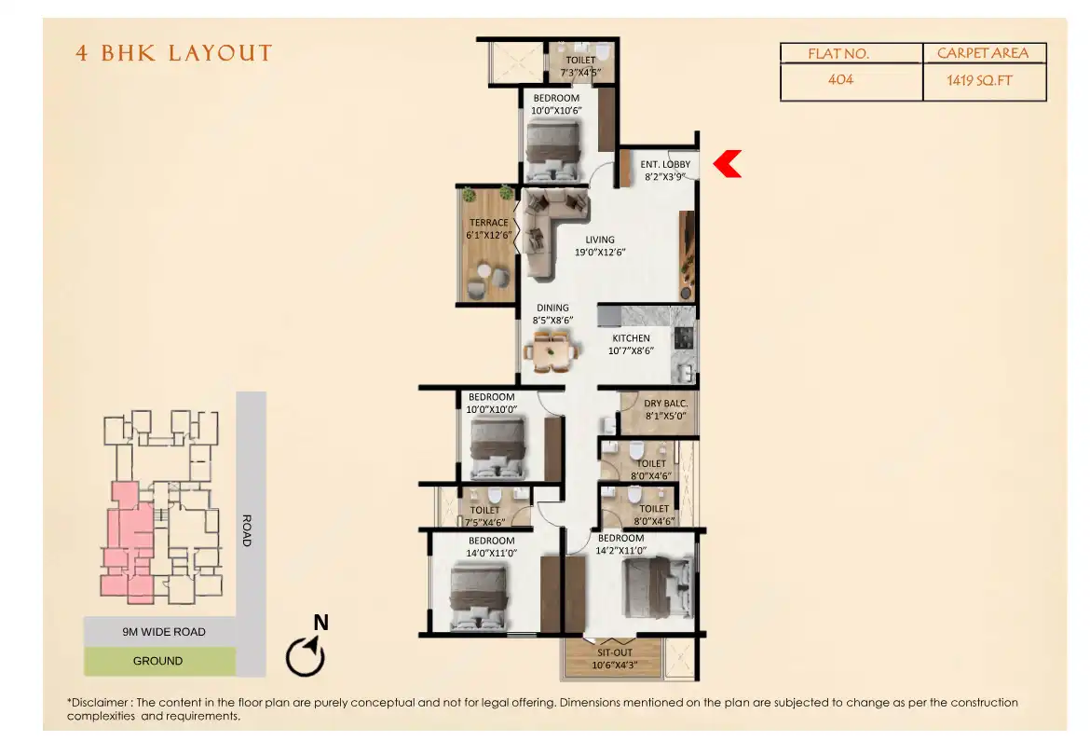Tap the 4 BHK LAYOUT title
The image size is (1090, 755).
174,53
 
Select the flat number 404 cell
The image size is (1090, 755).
840,79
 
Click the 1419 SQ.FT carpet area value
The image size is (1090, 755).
979,81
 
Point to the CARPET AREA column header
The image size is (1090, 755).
983,53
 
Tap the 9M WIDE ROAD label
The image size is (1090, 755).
164,632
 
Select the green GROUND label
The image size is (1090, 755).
157,661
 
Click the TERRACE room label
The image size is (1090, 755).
489,223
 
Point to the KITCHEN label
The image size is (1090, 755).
631,338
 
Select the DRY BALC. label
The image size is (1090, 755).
665,404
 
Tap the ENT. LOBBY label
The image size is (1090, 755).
665,165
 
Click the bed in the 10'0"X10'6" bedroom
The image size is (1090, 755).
553,151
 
